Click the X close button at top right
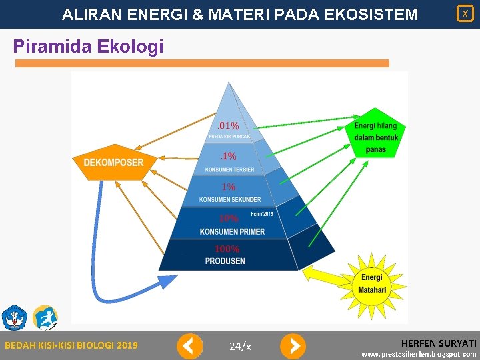[x=465, y=13]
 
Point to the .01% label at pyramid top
[x=229, y=125]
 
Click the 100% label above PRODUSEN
[x=227, y=249]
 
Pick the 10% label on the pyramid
[x=229, y=218]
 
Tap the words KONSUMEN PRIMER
[x=231, y=231]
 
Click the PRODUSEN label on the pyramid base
[x=225, y=261]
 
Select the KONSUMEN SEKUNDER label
[x=230, y=199]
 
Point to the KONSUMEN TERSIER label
[x=229, y=170]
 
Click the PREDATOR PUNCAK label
[x=229, y=137]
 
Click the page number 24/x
[x=240, y=346]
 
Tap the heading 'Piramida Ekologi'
[x=88, y=47]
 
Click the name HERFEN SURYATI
[x=438, y=341]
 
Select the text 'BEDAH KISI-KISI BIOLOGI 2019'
[x=71, y=345]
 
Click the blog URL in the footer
[x=419, y=354]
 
